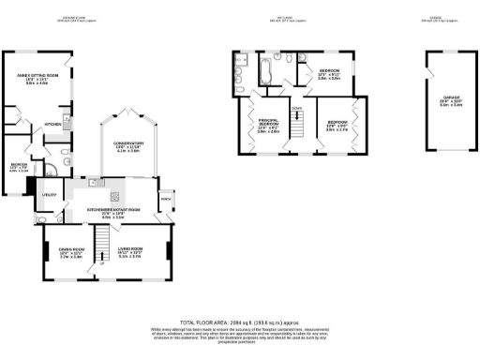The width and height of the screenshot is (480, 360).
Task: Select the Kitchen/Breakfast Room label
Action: click(x=113, y=212)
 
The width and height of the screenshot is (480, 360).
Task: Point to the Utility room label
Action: click(x=48, y=195)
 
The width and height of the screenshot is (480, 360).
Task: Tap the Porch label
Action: click(x=166, y=199)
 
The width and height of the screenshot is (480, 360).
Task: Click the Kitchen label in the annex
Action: click(x=53, y=123)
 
